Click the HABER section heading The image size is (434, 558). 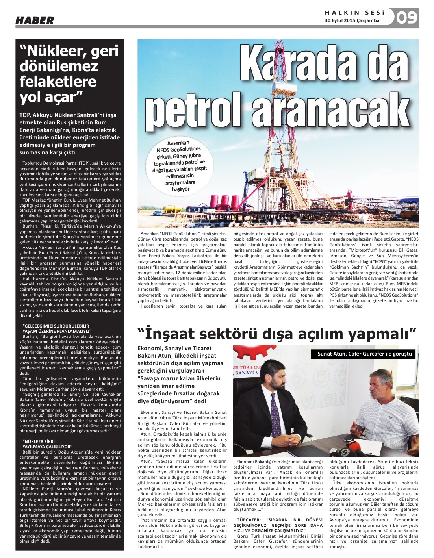[x=35, y=20]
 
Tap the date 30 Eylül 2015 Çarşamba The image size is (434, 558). [x=352, y=20]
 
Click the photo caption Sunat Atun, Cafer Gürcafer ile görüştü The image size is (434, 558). [x=364, y=354]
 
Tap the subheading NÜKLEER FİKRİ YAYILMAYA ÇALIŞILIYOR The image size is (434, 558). [x=48, y=444]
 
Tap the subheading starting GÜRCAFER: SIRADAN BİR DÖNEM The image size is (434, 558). [x=278, y=522]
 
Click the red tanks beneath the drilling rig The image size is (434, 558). [x=230, y=202]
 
